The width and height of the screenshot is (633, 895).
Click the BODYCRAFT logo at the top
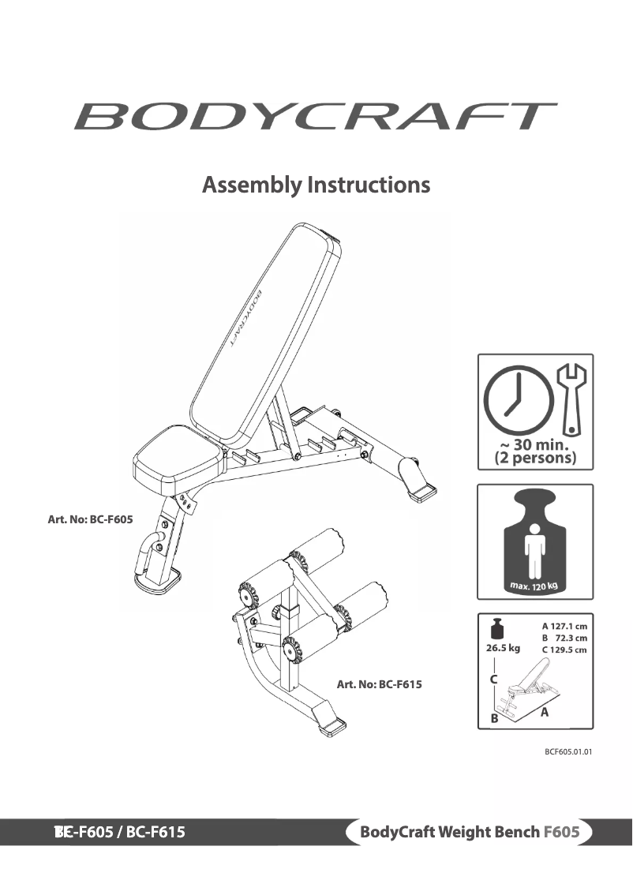tap(316, 116)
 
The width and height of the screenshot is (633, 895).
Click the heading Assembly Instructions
tap(316, 185)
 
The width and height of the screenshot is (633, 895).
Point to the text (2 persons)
tap(534, 458)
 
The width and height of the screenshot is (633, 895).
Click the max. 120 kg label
tap(534, 585)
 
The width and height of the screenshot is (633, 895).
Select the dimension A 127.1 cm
tap(564, 626)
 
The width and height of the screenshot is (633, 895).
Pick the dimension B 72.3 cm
tap(564, 638)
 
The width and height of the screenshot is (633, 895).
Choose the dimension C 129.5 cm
tap(564, 650)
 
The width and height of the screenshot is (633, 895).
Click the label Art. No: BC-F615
tap(379, 684)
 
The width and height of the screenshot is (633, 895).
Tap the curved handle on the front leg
tap(148, 551)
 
